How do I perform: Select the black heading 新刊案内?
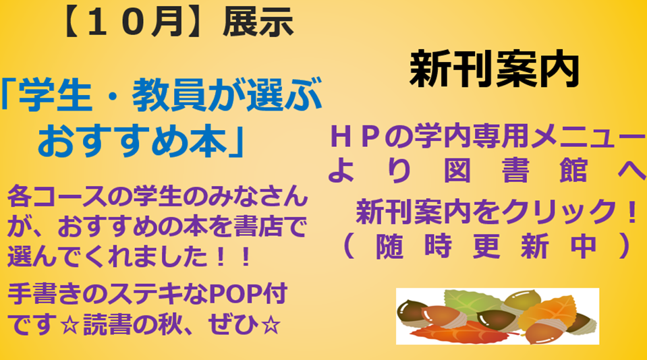pos(494,69)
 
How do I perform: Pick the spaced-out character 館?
pos(573,171)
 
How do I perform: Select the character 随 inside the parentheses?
pos(390,246)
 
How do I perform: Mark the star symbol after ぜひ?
pos(271,326)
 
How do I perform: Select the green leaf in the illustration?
pos(470,302)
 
